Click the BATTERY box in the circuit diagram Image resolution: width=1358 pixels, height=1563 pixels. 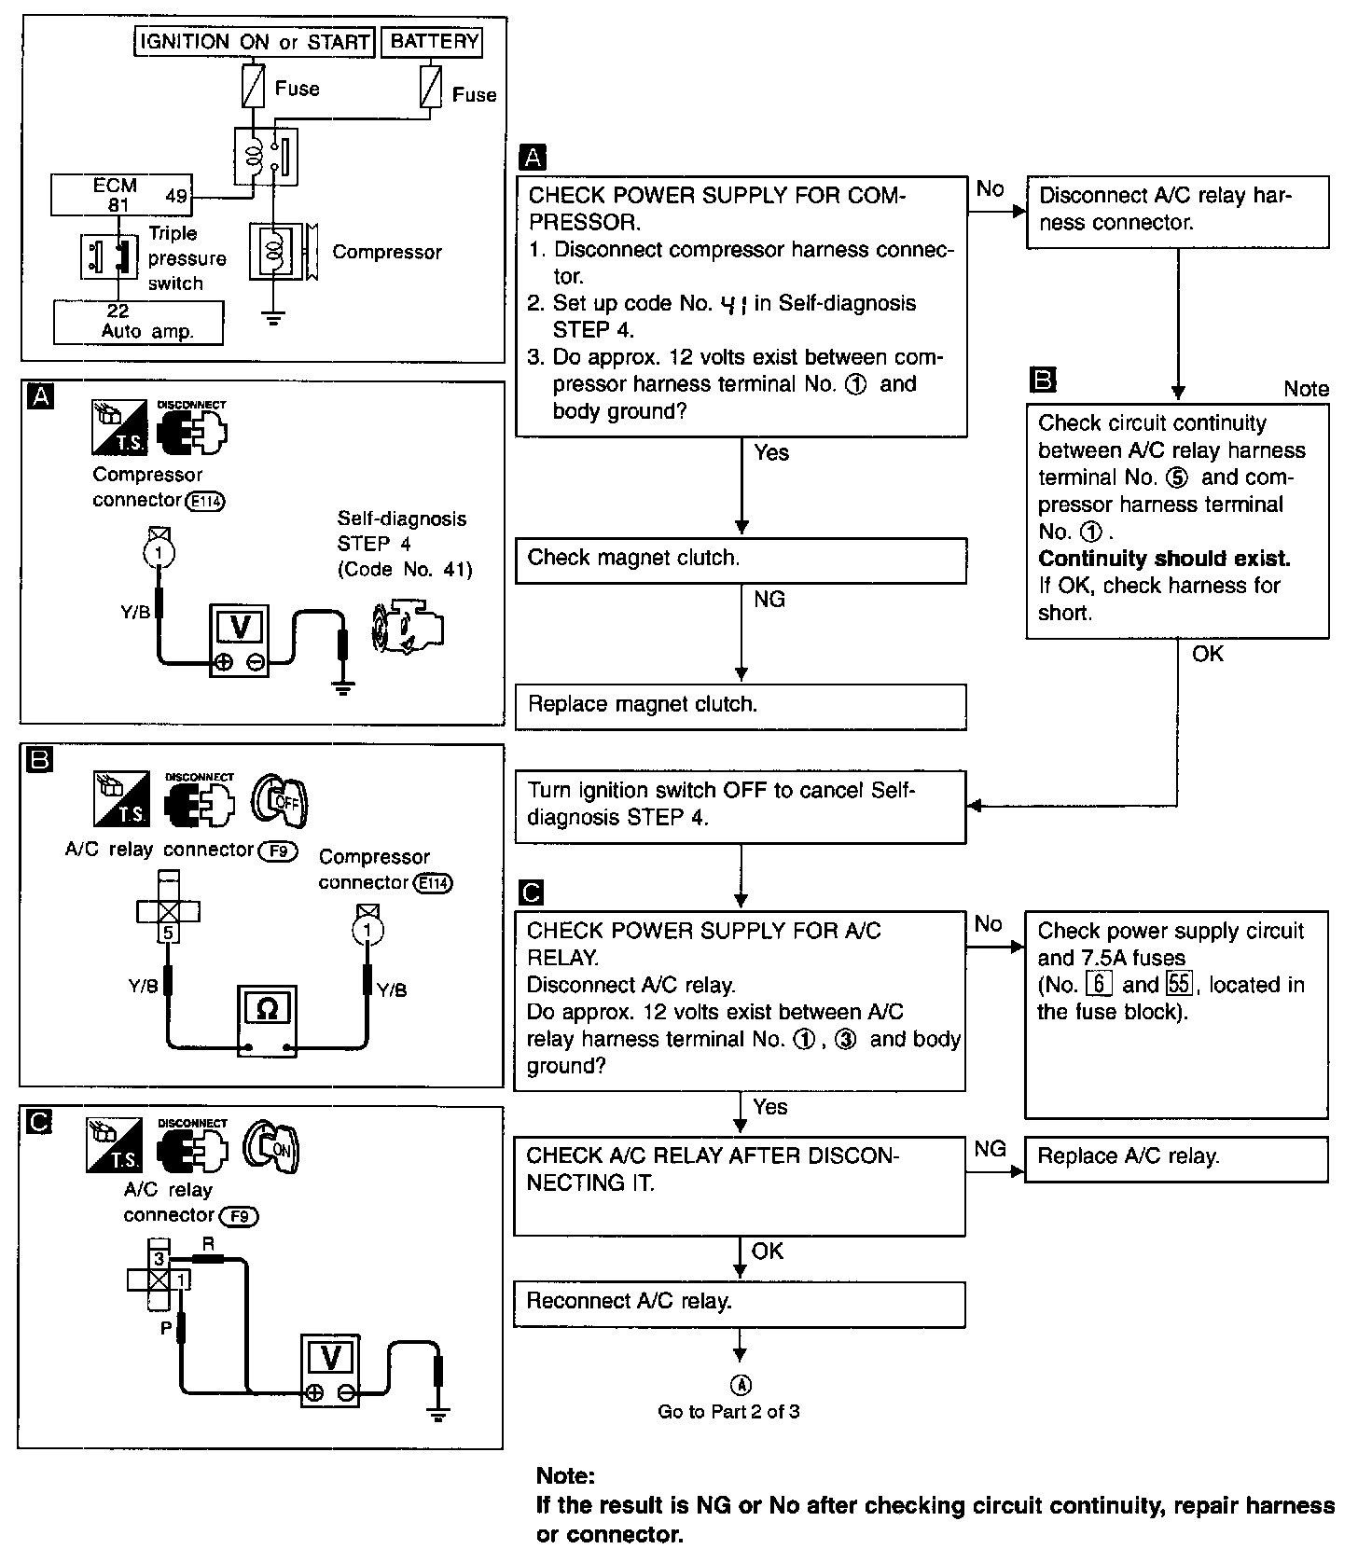point(433,42)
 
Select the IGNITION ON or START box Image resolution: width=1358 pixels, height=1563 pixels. point(255,42)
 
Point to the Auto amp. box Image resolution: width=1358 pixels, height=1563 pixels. point(139,322)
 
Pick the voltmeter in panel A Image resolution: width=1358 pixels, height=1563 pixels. point(239,640)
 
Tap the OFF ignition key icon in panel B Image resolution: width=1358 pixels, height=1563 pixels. point(279,801)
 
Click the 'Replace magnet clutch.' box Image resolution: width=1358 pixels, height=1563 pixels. point(741,706)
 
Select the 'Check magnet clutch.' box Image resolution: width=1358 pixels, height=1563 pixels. point(741,560)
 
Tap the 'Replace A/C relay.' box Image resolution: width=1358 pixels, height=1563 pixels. point(1175,1158)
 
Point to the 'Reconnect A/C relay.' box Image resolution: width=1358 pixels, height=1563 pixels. point(739,1303)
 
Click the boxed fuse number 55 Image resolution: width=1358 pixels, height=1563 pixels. point(1179,985)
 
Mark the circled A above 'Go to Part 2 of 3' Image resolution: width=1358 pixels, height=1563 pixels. point(741,1386)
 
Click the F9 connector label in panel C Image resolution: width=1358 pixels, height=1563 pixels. point(239,1216)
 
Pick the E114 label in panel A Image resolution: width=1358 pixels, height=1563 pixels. point(205,502)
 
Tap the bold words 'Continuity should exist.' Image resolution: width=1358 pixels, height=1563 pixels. point(1164,559)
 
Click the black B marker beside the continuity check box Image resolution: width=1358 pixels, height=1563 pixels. point(1041,380)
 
